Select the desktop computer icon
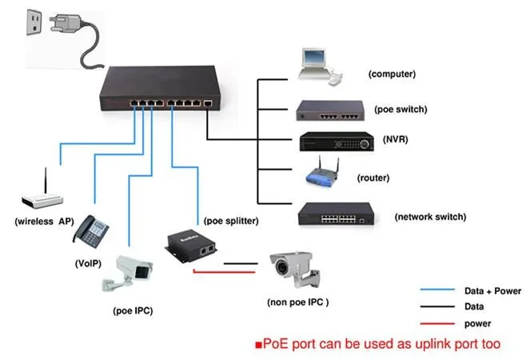pyautogui.click(x=315, y=66)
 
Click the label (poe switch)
pyautogui.click(x=400, y=110)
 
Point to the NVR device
pyautogui.click(x=337, y=142)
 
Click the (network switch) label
pyautogui.click(x=430, y=217)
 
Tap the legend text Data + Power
pyautogui.click(x=492, y=291)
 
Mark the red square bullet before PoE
pyautogui.click(x=258, y=346)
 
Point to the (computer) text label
pyautogui.click(x=392, y=74)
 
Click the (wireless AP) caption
pyautogui.click(x=44, y=221)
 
